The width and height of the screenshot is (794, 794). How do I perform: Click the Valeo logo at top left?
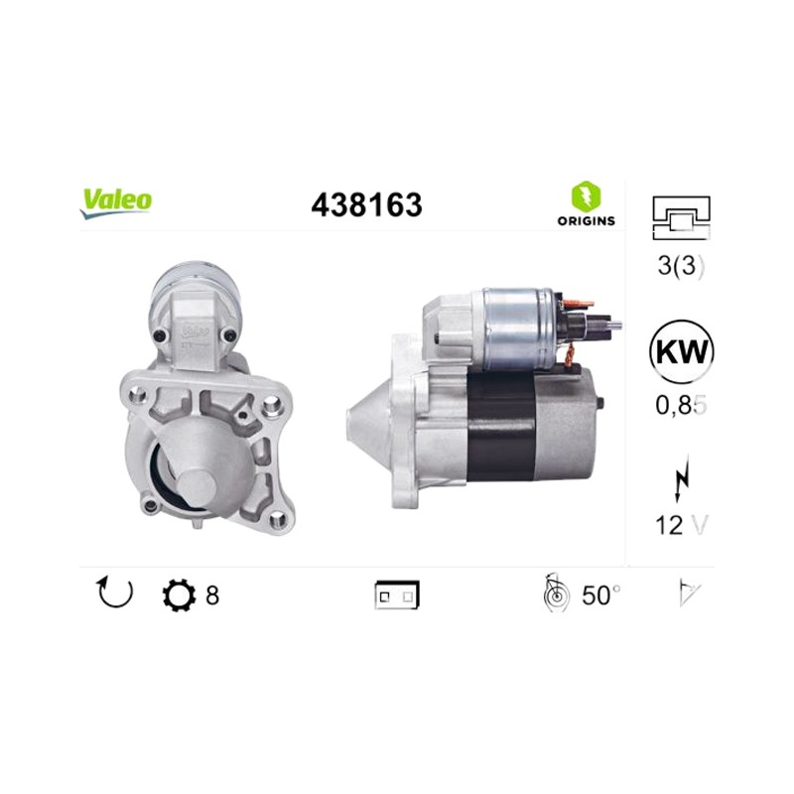click(115, 203)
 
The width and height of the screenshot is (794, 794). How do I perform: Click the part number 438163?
click(366, 205)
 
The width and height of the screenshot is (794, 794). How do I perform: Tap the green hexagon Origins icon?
click(586, 196)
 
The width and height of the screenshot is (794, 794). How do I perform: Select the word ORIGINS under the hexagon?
click(586, 220)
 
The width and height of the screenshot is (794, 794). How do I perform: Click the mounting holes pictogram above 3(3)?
click(682, 217)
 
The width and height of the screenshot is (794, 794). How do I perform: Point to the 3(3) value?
click(681, 265)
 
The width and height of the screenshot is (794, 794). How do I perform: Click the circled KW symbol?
click(681, 351)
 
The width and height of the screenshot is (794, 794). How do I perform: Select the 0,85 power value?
click(681, 405)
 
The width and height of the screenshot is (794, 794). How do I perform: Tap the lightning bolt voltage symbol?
click(682, 477)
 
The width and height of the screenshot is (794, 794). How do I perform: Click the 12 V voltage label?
click(681, 525)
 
